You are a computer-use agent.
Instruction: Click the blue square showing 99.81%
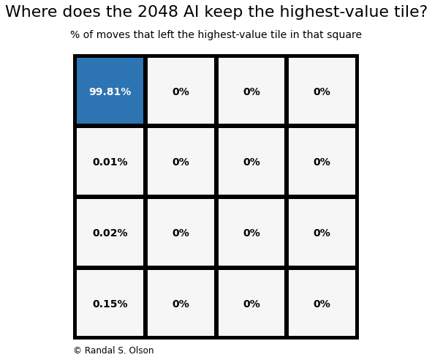(110, 91)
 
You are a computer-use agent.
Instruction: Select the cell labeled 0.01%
(110, 162)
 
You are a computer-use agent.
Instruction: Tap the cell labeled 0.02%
(110, 233)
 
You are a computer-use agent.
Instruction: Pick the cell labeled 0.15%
(110, 304)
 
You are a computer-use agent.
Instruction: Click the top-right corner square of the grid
(322, 91)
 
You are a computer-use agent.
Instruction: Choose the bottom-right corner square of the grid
(322, 304)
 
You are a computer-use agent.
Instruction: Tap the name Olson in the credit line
(140, 350)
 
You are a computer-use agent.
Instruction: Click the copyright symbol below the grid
(77, 350)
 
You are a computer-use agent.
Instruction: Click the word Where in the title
(29, 12)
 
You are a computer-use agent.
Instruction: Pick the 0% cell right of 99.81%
(181, 91)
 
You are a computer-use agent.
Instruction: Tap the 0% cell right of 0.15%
(181, 304)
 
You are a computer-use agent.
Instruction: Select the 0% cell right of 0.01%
(181, 162)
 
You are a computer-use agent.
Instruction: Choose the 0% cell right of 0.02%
(181, 233)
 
